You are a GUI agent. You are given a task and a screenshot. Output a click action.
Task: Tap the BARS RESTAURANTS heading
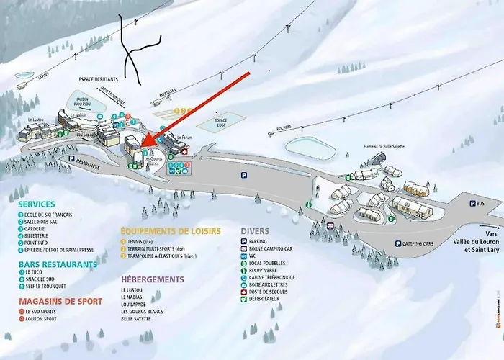coord(58,264)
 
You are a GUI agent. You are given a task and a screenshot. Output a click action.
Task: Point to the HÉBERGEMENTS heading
coord(152,279)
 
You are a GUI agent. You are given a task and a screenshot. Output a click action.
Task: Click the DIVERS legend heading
coord(256,231)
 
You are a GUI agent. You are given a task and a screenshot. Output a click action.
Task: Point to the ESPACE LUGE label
coord(221,122)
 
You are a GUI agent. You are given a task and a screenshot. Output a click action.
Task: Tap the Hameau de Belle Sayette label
coord(384,146)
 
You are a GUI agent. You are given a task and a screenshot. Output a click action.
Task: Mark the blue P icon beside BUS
coord(472,204)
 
